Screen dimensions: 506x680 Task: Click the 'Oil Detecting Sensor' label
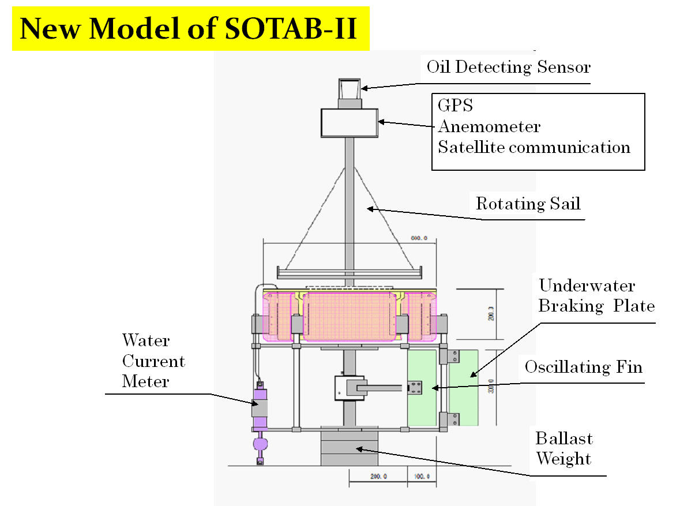(509, 67)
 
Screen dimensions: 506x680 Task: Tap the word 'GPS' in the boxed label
(455, 106)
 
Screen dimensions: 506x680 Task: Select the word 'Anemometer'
(489, 126)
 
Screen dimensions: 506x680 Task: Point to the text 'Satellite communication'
(534, 147)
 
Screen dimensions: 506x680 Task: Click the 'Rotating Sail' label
(528, 204)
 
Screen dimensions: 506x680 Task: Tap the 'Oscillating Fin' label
(583, 367)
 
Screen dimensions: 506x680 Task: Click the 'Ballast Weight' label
(563, 449)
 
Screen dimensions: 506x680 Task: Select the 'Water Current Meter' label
(153, 361)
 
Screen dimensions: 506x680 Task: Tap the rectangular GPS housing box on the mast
(350, 123)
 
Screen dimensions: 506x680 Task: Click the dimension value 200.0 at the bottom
(378, 477)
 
